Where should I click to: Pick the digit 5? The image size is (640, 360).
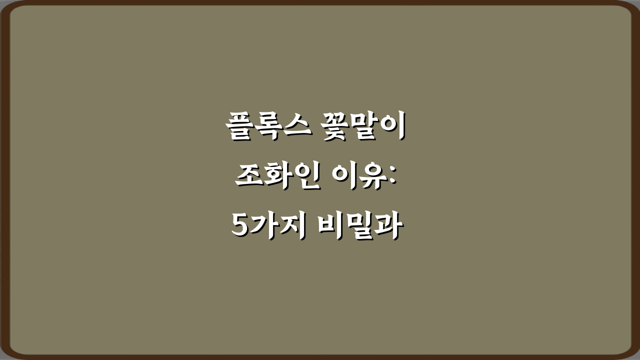240,227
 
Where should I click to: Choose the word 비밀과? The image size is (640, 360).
360,227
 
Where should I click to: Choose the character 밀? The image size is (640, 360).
360,227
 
